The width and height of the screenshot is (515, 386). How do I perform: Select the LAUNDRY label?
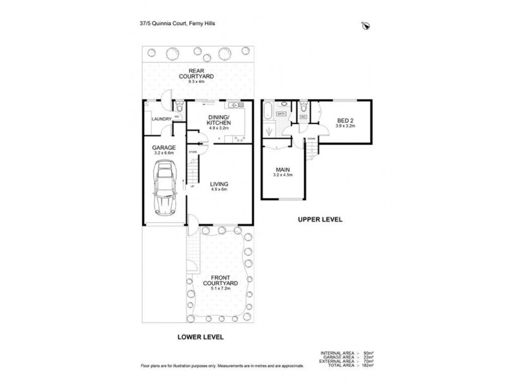161,119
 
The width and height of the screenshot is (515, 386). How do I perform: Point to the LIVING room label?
219,184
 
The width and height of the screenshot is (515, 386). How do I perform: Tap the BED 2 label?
345,120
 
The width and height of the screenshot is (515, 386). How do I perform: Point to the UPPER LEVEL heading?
319,219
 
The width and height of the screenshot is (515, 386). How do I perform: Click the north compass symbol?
367,26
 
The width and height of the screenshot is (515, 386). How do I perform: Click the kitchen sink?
236,104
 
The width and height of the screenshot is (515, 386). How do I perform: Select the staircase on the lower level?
193,169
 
